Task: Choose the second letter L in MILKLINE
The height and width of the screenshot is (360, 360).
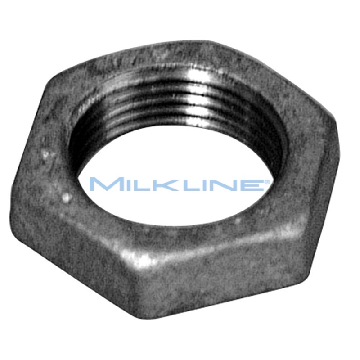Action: [x=179, y=184]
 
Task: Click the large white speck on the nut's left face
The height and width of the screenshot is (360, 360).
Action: [x=66, y=197]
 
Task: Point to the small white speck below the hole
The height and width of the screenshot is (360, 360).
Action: [x=237, y=220]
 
